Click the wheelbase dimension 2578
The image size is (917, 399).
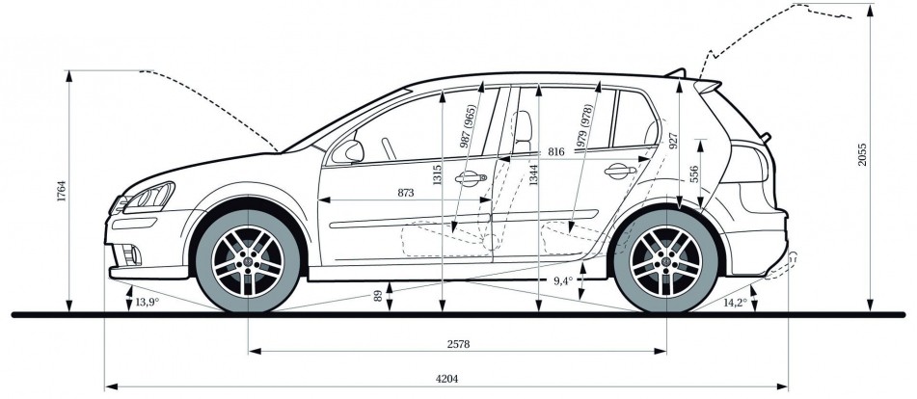tap(457, 344)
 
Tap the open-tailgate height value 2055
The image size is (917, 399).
tap(862, 155)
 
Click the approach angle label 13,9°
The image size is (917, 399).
tap(146, 303)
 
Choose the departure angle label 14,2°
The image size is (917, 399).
tap(734, 302)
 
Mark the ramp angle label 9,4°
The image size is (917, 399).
tap(563, 280)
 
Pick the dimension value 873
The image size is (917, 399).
tap(405, 194)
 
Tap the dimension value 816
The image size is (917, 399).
tap(555, 152)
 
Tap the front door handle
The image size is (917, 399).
tap(470, 177)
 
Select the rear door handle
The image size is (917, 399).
tap(616, 172)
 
